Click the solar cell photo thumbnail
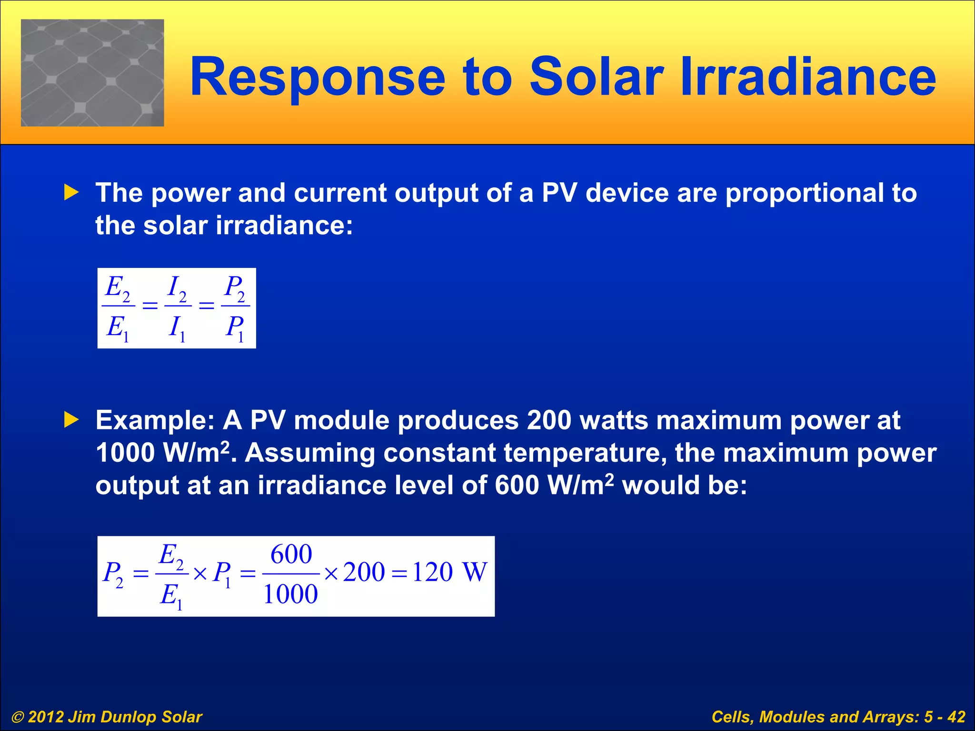(92, 73)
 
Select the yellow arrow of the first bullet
(71, 193)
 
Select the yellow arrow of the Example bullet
(71, 420)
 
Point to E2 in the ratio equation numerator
(118, 288)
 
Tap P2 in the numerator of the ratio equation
(235, 288)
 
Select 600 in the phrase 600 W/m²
(517, 485)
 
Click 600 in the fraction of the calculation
(291, 554)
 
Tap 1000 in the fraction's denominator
(290, 594)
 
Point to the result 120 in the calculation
(432, 572)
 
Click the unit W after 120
(475, 572)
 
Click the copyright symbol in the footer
(18, 717)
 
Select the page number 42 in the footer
(956, 717)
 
